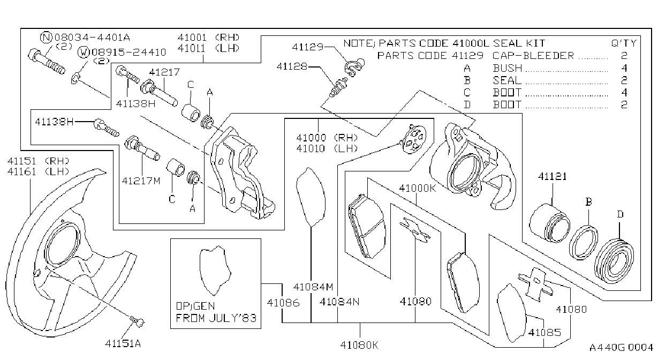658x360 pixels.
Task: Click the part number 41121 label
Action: (552, 176)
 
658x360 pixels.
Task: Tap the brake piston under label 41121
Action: (550, 223)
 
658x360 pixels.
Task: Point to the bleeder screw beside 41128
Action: (338, 87)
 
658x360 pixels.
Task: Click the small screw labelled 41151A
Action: (137, 321)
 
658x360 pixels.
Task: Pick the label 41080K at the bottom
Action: (359, 345)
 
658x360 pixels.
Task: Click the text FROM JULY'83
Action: (216, 318)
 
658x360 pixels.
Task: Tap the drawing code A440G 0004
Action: (621, 347)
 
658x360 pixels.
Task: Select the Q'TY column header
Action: (624, 43)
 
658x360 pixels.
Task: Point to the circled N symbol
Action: (46, 37)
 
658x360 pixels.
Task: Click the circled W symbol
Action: (84, 52)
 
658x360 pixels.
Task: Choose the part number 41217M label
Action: (141, 181)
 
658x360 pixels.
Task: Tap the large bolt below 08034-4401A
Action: (47, 62)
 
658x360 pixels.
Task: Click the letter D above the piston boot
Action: (620, 214)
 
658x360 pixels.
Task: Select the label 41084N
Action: (339, 302)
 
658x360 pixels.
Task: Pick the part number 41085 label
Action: (544, 332)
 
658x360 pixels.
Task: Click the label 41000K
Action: (418, 188)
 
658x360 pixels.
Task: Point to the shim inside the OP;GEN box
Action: (215, 271)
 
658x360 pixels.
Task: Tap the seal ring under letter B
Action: (584, 243)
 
